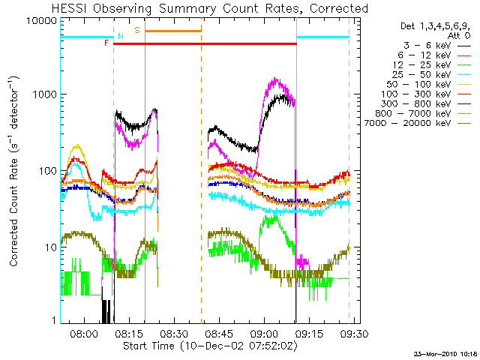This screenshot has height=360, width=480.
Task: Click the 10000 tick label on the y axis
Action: point(41,20)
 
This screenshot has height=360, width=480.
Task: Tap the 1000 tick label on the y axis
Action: point(44,95)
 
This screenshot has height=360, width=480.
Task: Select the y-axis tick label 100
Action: point(47,171)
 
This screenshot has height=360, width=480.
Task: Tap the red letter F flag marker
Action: point(107,43)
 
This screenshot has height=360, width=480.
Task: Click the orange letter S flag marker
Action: point(137,30)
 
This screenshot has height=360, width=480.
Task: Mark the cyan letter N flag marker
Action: point(120,36)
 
